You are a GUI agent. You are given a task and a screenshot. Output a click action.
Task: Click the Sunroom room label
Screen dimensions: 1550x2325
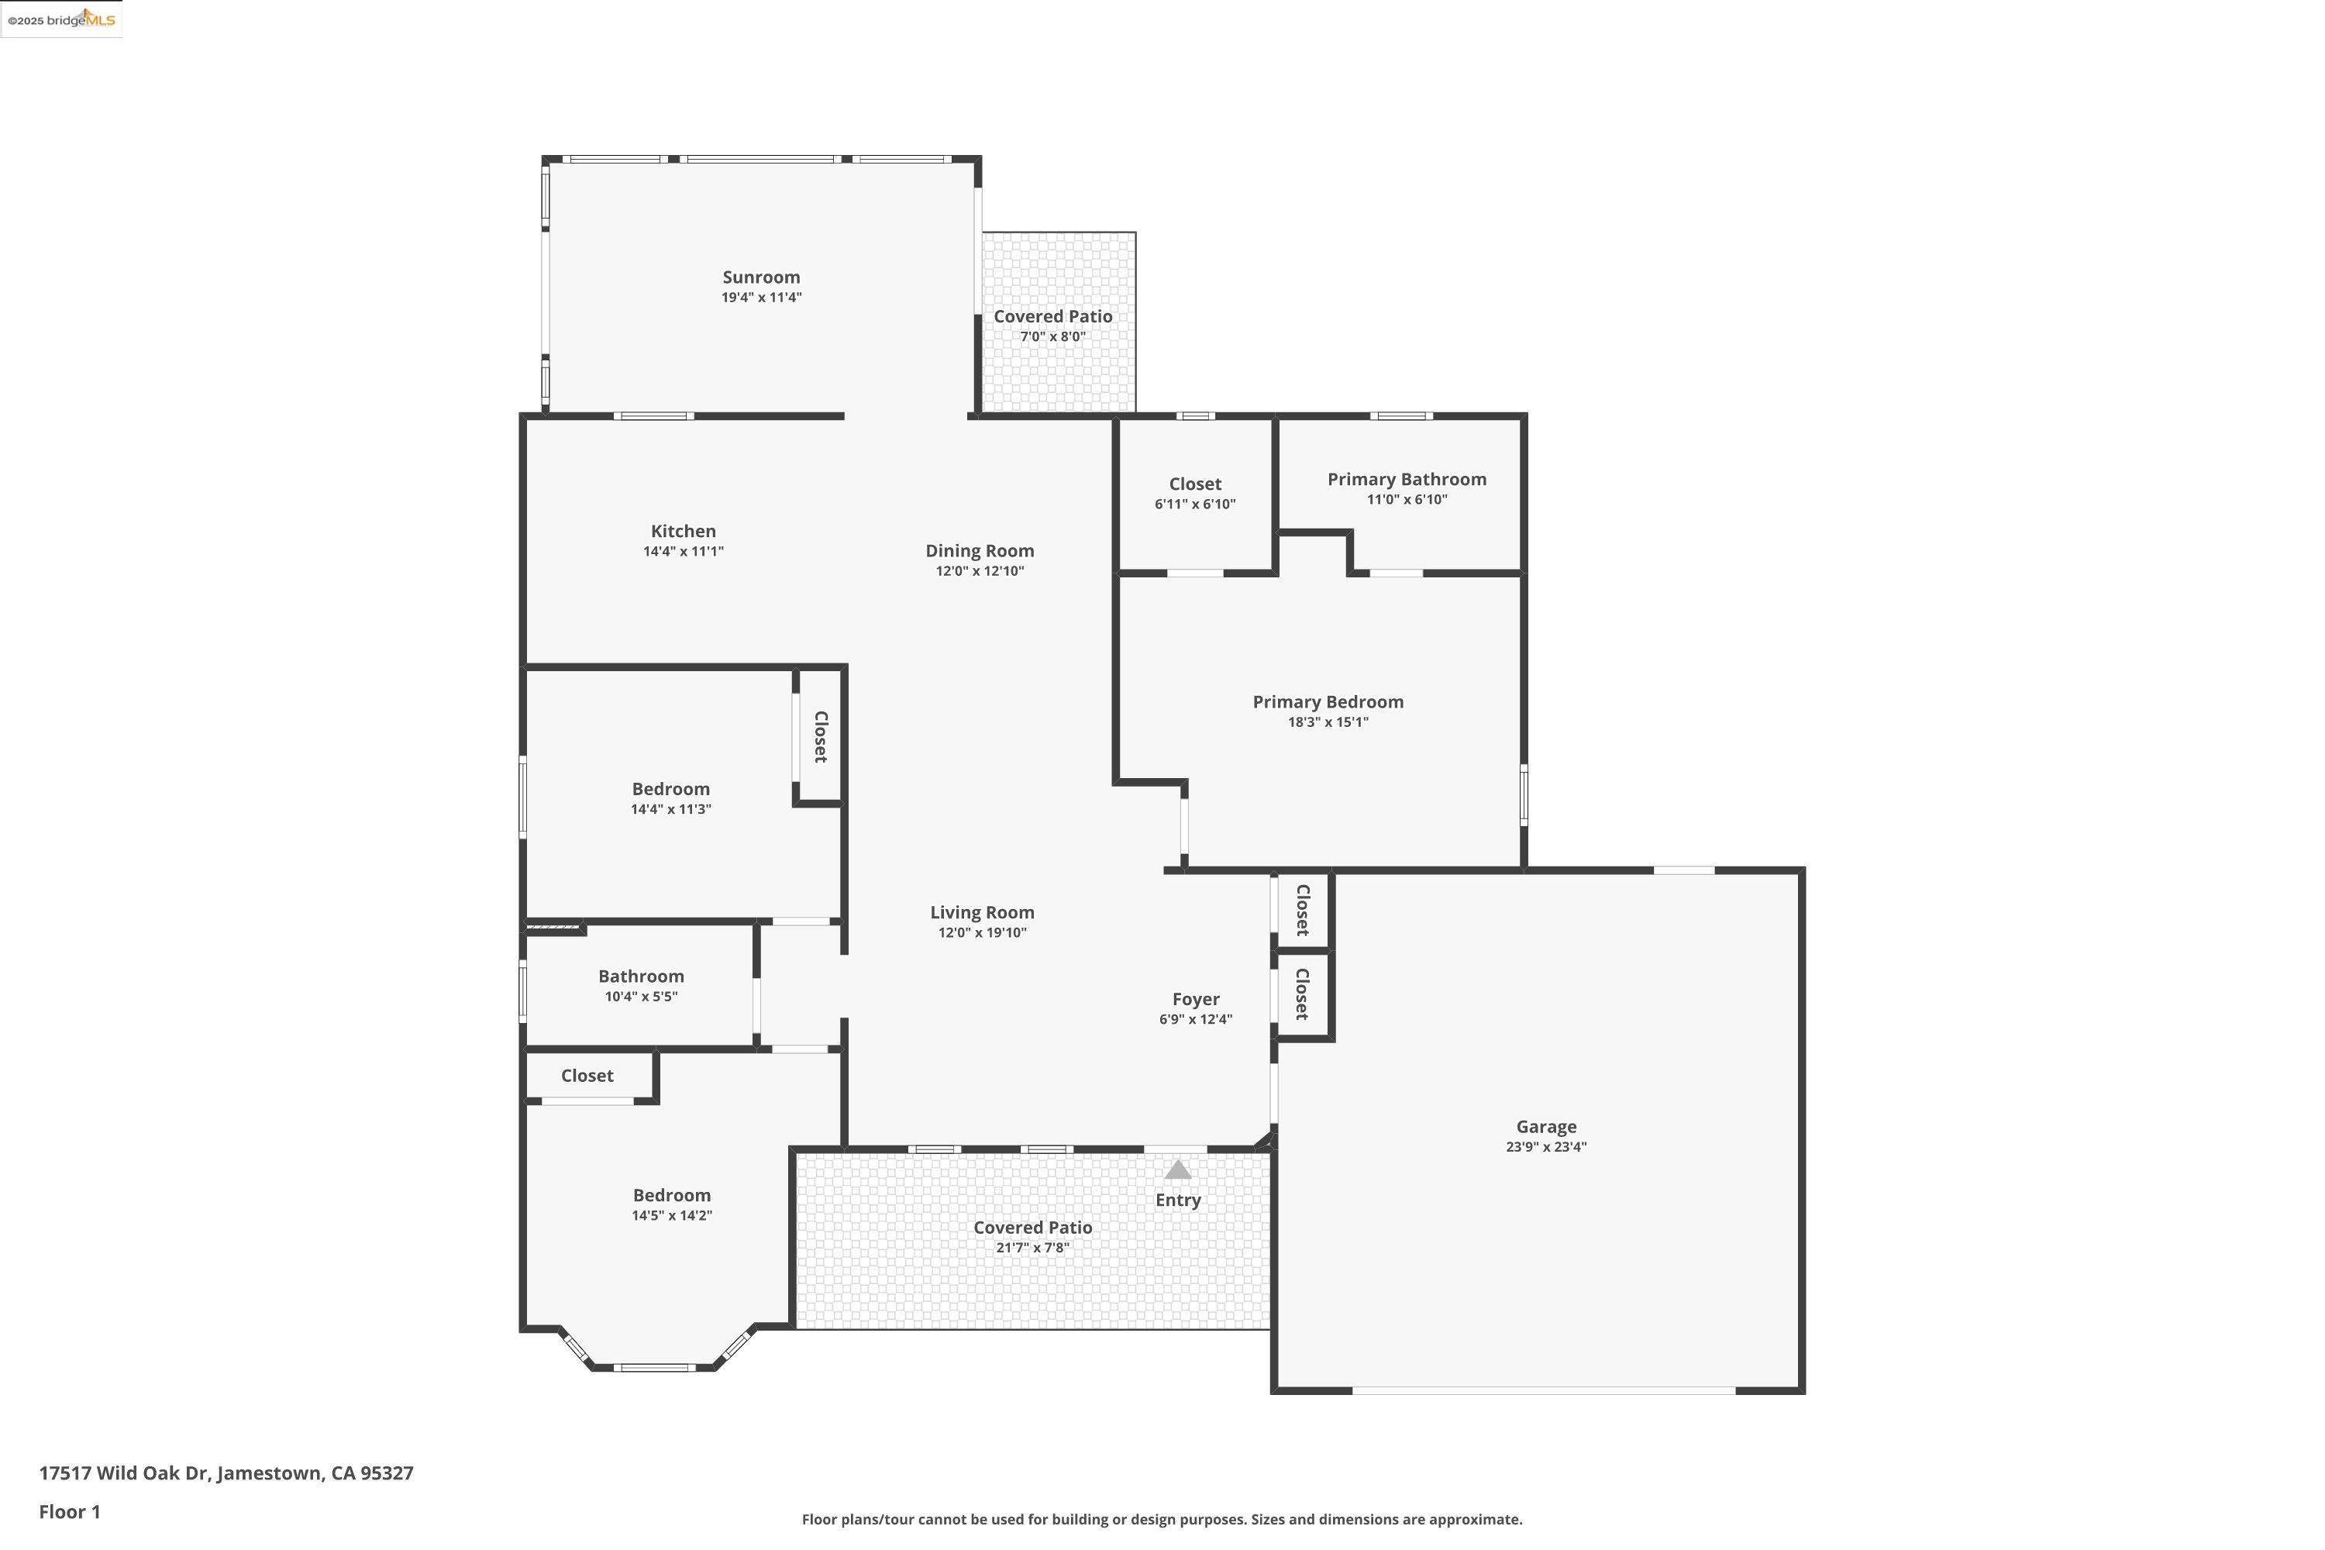[x=760, y=277]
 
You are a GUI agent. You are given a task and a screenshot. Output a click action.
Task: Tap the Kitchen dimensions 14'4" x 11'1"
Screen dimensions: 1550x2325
[x=683, y=552]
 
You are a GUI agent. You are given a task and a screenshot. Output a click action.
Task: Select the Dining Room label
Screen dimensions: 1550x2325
[x=979, y=550]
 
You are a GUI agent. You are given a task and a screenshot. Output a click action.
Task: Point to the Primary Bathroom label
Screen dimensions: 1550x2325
[x=1406, y=480]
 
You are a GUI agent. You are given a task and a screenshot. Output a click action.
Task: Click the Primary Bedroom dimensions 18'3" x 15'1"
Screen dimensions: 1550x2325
[x=1327, y=722]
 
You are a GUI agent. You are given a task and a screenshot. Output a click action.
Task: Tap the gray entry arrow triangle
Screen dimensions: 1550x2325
[x=1176, y=1170]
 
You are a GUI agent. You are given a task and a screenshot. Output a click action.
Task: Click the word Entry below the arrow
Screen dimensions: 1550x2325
[x=1177, y=1200]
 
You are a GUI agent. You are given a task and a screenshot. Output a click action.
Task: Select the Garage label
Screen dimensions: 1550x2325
[x=1545, y=1127]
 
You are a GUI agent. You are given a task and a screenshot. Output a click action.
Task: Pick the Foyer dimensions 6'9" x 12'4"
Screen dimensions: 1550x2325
[x=1195, y=1020]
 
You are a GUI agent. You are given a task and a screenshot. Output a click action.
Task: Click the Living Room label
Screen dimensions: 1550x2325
[x=982, y=912]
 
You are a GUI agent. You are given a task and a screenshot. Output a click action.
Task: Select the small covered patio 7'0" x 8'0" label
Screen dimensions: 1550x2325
[x=1052, y=316]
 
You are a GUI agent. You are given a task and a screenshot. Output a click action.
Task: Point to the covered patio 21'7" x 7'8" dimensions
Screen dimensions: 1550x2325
[x=1032, y=1249]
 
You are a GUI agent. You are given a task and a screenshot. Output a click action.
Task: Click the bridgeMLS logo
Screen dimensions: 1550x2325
[x=61, y=20]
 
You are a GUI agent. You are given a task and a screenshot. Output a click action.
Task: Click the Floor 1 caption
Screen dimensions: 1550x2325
[x=69, y=1511]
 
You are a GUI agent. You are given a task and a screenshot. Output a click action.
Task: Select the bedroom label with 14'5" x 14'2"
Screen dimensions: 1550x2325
[x=671, y=1196]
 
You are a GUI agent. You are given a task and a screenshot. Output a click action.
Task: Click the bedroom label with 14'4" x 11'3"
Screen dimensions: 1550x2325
[x=670, y=789]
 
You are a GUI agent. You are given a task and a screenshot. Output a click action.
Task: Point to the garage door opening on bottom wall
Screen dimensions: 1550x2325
[x=1543, y=1391]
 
